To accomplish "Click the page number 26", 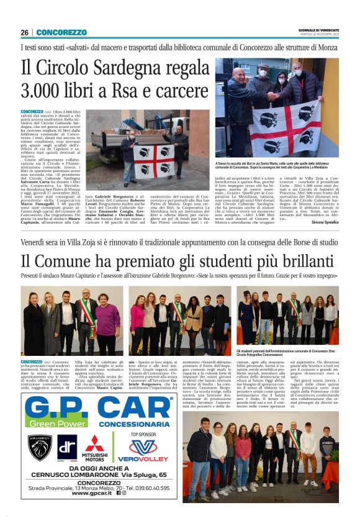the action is [x=24, y=32].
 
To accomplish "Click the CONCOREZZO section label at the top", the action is [x=61, y=32].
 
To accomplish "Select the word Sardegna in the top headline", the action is [x=142, y=66].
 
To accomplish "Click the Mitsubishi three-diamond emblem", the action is [x=96, y=443].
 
